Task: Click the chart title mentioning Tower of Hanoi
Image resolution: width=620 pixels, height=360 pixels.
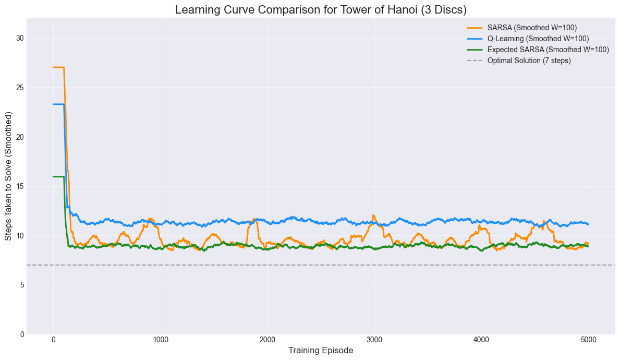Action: tap(321, 9)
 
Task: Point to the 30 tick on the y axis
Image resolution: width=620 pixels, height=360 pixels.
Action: tap(20, 38)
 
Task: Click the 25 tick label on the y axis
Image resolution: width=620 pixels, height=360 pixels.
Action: tap(20, 88)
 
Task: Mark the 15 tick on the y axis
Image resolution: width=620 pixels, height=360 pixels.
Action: tap(20, 186)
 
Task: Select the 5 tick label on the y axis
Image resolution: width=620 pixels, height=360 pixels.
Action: tap(21, 285)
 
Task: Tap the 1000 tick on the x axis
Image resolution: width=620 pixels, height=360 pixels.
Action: tap(161, 339)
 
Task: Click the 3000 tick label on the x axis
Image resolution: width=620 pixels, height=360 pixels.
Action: tap(374, 339)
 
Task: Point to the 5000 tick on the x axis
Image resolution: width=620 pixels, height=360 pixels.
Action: tap(588, 339)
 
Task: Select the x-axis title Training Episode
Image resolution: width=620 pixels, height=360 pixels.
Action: tap(321, 351)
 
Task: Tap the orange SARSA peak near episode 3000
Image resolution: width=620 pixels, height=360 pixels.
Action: tap(373, 215)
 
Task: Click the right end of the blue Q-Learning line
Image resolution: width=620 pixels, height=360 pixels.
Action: tap(588, 224)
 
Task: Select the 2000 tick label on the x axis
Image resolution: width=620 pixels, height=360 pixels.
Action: tap(268, 339)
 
